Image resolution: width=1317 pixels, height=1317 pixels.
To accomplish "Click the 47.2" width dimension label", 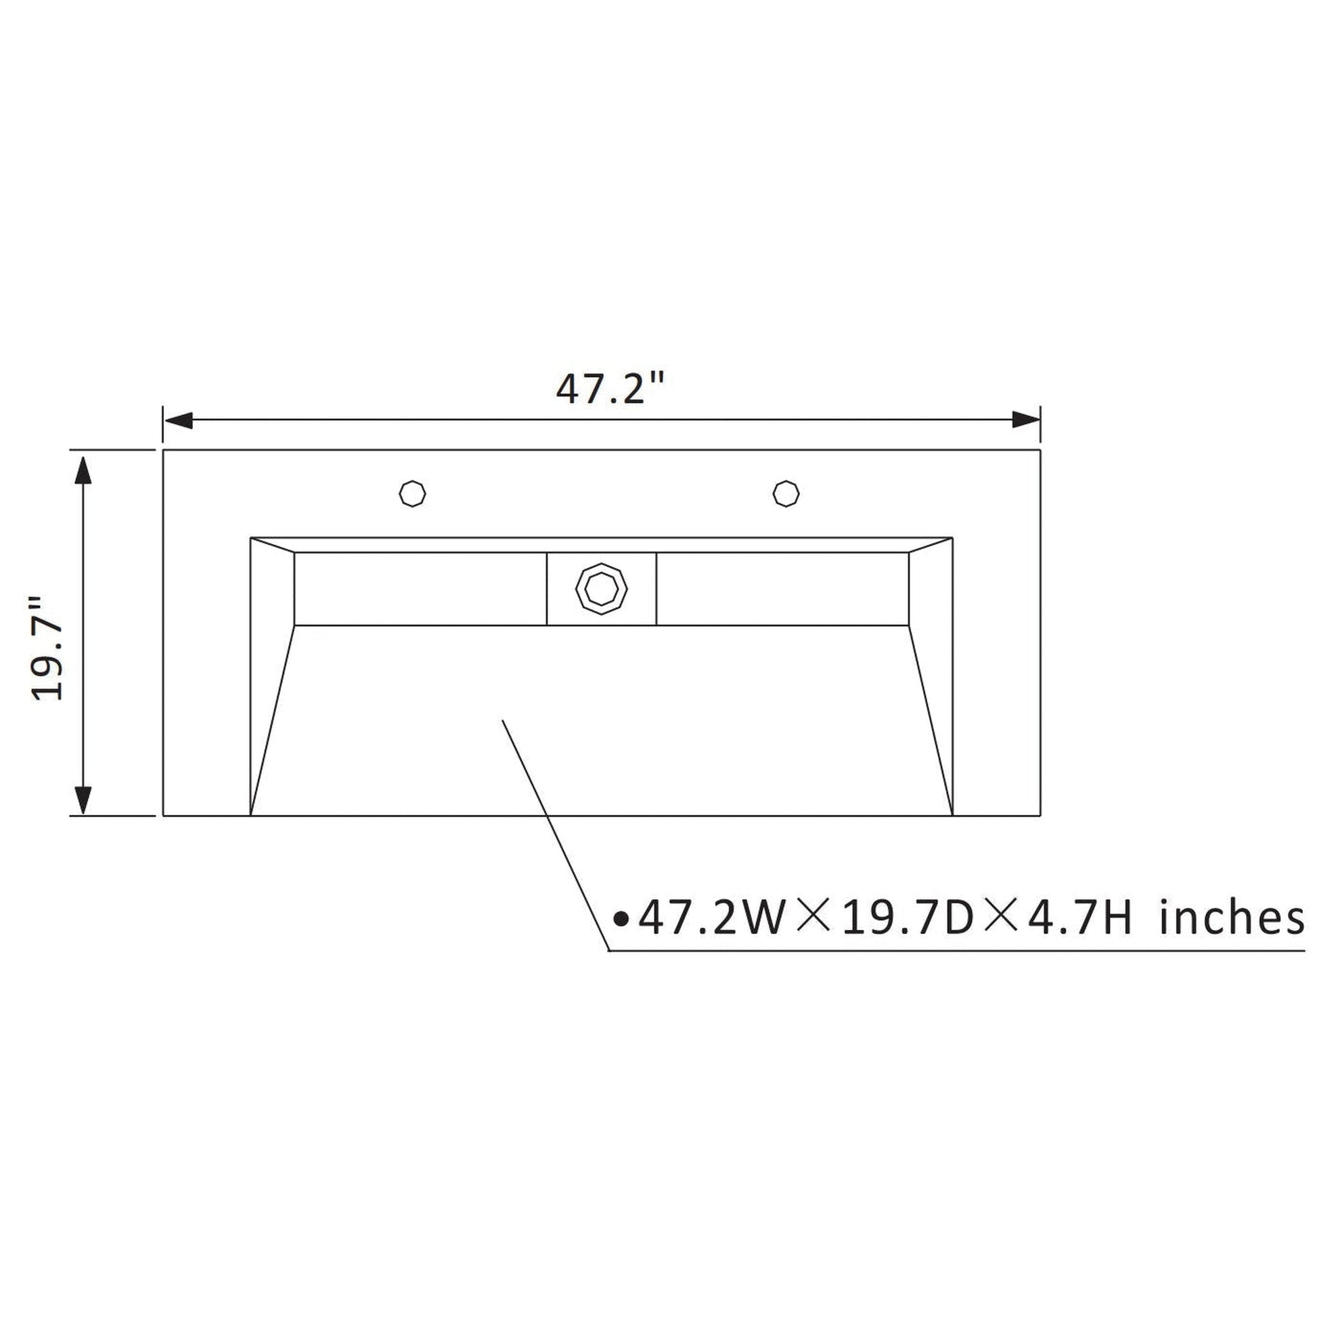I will pyautogui.click(x=609, y=389).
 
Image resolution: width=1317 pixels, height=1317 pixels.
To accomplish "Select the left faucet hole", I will pyautogui.click(x=412, y=493).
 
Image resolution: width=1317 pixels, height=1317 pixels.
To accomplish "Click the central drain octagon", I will pyautogui.click(x=601, y=588).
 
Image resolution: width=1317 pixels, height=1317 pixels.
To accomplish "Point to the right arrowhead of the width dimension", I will pyautogui.click(x=1025, y=420).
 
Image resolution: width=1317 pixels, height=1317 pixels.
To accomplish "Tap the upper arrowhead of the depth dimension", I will pyautogui.click(x=83, y=470).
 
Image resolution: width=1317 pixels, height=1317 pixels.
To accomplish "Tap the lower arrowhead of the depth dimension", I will pyautogui.click(x=83, y=799).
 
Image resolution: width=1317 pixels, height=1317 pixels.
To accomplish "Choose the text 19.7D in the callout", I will pyautogui.click(x=908, y=918).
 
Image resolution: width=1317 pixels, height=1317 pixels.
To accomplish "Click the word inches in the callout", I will pyautogui.click(x=1232, y=918).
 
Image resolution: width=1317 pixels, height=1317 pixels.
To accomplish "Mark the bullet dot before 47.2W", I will pyautogui.click(x=621, y=920).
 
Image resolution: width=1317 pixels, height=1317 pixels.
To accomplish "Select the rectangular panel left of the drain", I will pyautogui.click(x=420, y=589).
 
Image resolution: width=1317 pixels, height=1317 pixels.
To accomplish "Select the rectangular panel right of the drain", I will pyautogui.click(x=782, y=589).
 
